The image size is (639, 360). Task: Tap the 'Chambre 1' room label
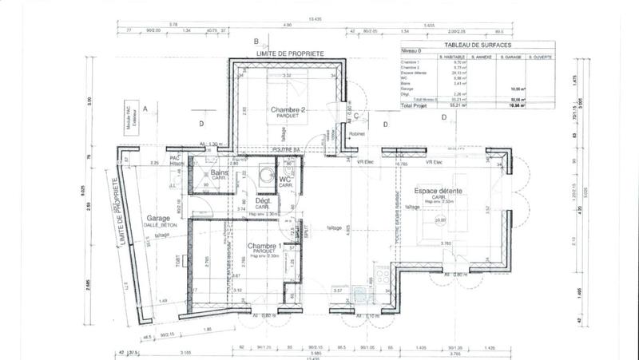264,246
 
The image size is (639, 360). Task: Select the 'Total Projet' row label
415,105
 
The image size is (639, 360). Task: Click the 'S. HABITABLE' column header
451,58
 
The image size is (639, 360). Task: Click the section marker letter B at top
256,41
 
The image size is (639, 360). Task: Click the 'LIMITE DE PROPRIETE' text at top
289,53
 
